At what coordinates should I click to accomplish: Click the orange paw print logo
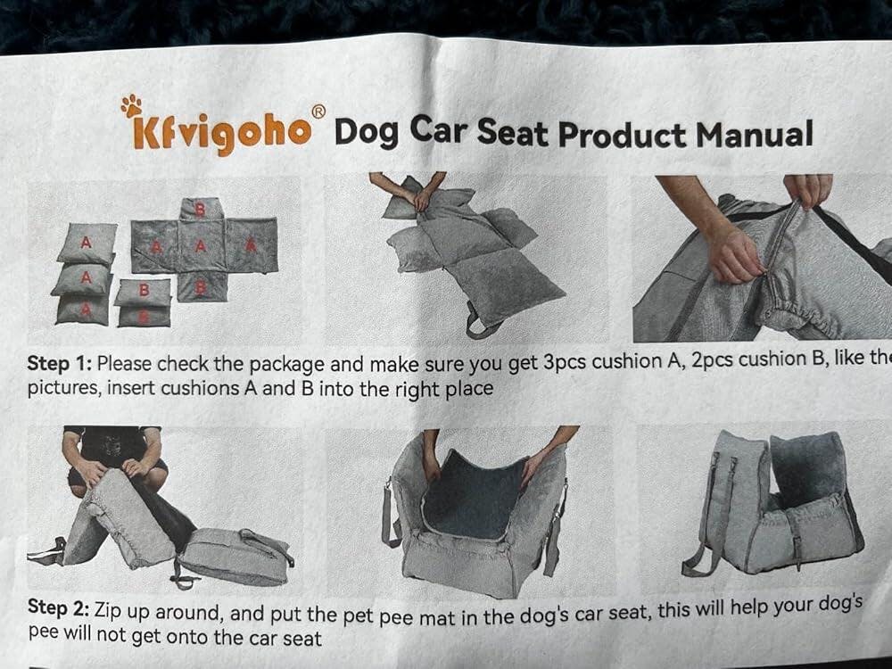pos(131,105)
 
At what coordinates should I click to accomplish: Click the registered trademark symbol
pos(318,111)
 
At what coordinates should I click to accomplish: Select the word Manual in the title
pos(755,135)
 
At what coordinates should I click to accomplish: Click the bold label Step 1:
pos(60,363)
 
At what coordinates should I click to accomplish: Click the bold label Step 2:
pos(59,607)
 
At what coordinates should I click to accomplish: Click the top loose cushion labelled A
pos(87,243)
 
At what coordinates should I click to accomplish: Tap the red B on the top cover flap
pos(200,210)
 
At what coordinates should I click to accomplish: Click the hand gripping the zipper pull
pos(732,254)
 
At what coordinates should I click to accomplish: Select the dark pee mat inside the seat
pos(475,494)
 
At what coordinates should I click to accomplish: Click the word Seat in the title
pos(512,133)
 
